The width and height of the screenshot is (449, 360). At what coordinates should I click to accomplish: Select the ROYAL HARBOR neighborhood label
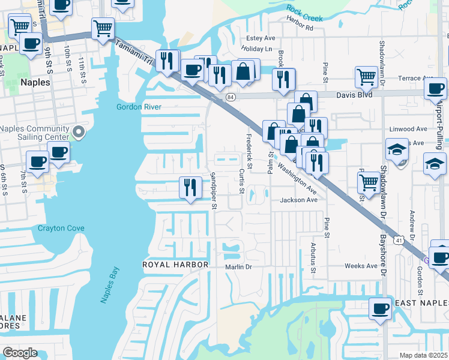[x=175, y=265]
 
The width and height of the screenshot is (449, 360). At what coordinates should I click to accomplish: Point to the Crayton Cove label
[x=61, y=228]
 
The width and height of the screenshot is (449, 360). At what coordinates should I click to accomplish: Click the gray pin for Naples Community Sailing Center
[x=77, y=131]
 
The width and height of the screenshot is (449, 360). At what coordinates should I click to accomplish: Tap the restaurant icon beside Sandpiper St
[x=190, y=188]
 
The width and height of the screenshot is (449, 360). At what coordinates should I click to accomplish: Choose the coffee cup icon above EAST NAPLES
[x=380, y=308]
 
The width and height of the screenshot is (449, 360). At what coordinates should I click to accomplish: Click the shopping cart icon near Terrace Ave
[x=366, y=77]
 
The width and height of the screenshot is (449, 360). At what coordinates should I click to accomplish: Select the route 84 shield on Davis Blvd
[x=231, y=96]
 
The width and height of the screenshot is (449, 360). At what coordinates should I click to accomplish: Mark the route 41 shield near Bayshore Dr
[x=399, y=240]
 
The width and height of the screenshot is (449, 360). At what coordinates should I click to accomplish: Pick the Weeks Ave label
[x=360, y=265]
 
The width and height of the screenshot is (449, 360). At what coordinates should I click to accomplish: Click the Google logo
[x=20, y=353]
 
